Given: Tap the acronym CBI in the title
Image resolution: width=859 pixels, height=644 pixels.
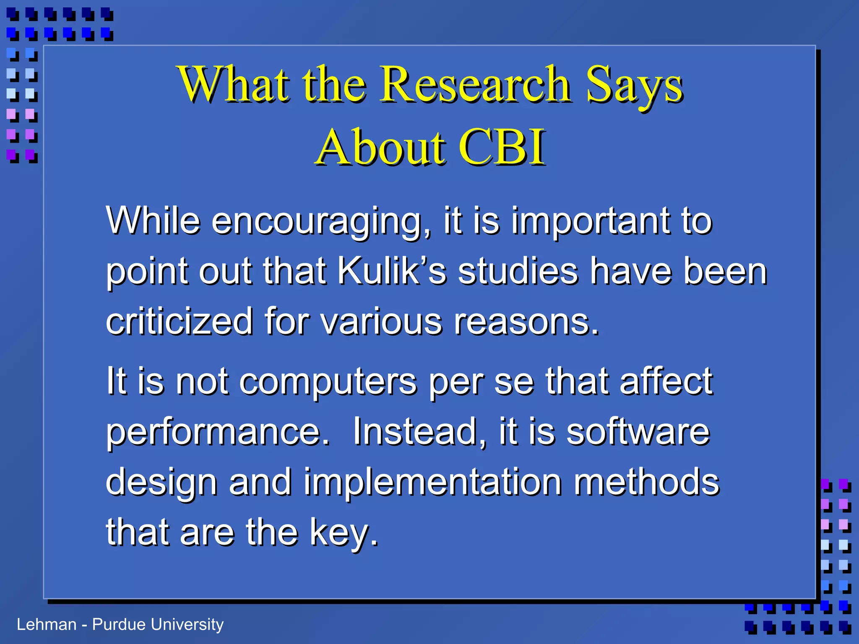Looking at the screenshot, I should pos(502,148).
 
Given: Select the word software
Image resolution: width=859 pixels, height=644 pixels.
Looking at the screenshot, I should pos(638,432).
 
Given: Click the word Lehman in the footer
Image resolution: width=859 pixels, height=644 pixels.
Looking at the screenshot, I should pos(47,625).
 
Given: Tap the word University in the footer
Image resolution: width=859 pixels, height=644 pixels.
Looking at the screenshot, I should pos(187,625).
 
